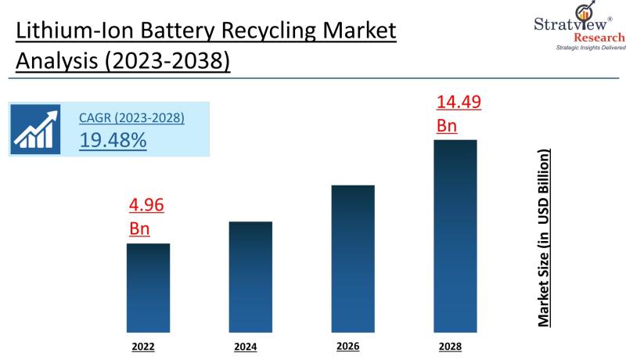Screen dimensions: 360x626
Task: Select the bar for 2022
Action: click(x=149, y=287)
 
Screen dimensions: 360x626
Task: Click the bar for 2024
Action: click(x=250, y=276)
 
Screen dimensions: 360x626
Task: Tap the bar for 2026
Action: click(x=353, y=258)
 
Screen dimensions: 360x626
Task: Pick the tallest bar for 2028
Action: click(x=455, y=236)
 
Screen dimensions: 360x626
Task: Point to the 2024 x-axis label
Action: click(x=246, y=346)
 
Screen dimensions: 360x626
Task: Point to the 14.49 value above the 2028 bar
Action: click(x=459, y=103)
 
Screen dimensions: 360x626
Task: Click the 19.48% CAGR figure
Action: click(x=113, y=140)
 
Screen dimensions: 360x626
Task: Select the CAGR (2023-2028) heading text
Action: click(x=131, y=118)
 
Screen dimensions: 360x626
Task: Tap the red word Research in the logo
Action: click(x=599, y=37)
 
